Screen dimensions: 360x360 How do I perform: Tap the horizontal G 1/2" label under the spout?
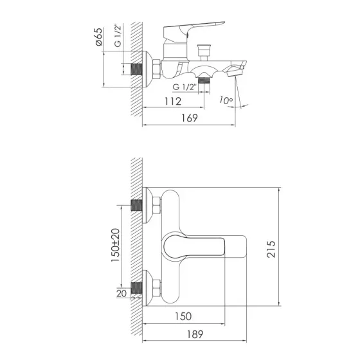click(186, 87)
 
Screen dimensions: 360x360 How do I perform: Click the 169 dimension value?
click(188, 118)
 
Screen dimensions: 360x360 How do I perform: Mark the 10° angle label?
click(224, 100)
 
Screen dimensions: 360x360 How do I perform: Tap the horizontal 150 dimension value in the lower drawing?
click(183, 317)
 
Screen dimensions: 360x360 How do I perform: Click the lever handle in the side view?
click(193, 30)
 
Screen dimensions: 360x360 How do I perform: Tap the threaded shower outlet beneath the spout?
click(204, 80)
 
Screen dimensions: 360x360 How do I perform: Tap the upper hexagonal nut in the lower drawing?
click(154, 205)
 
